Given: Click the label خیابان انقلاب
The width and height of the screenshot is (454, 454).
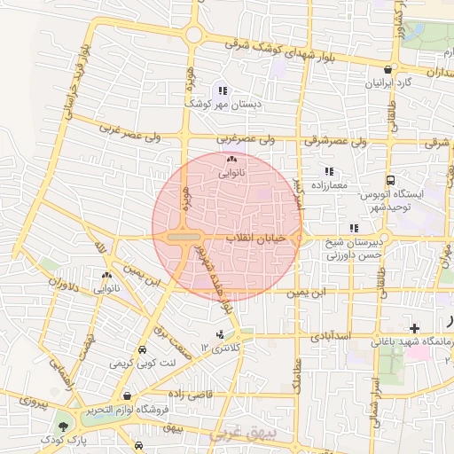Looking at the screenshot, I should [254, 239].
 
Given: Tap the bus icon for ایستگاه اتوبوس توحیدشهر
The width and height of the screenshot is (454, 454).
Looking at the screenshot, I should [391, 180].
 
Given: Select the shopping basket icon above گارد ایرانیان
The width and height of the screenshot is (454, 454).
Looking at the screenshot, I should [387, 70].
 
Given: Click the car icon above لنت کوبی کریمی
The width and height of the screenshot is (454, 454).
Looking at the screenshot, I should [143, 349].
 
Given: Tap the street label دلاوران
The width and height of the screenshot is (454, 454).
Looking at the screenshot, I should [63, 287].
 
